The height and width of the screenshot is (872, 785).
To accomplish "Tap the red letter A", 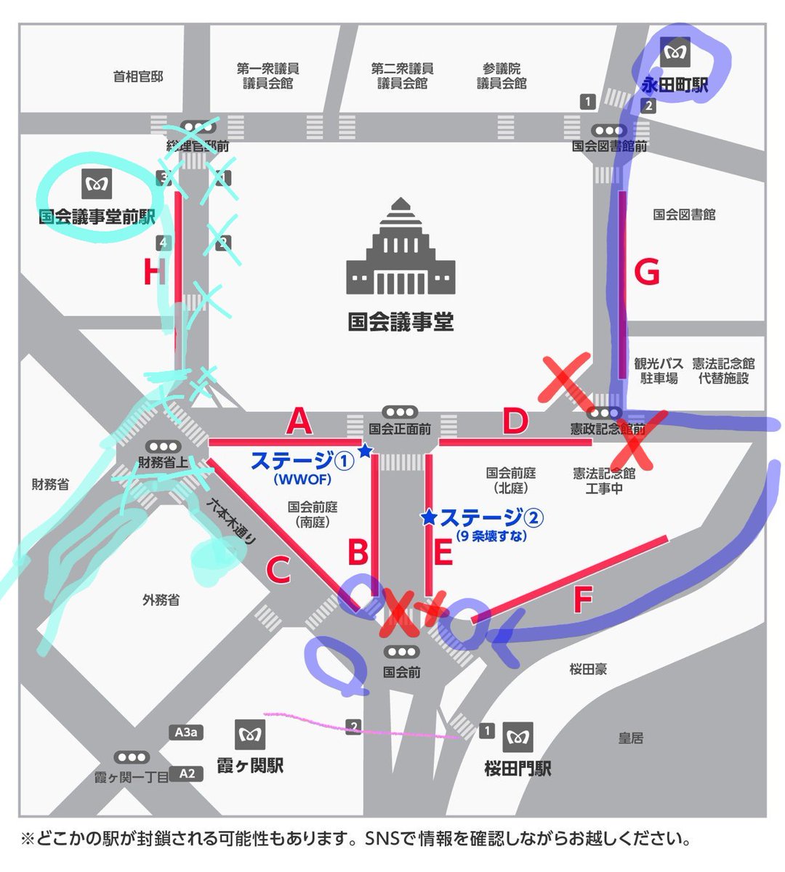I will [x=298, y=421].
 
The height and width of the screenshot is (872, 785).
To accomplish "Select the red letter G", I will [x=646, y=272].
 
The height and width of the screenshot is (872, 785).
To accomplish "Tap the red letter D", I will [x=515, y=422].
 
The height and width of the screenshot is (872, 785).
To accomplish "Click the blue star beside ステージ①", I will [x=365, y=452].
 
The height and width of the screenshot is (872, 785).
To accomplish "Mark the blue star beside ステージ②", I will [x=429, y=517].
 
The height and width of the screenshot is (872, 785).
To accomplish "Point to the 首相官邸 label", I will [x=138, y=76].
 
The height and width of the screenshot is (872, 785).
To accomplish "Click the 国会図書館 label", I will [x=684, y=215].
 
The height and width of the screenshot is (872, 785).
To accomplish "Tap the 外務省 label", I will [x=161, y=600].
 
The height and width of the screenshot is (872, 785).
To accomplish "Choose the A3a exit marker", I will [x=185, y=732].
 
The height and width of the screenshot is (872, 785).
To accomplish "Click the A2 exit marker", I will [x=187, y=773].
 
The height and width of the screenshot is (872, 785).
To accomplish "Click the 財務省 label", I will [x=50, y=484].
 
